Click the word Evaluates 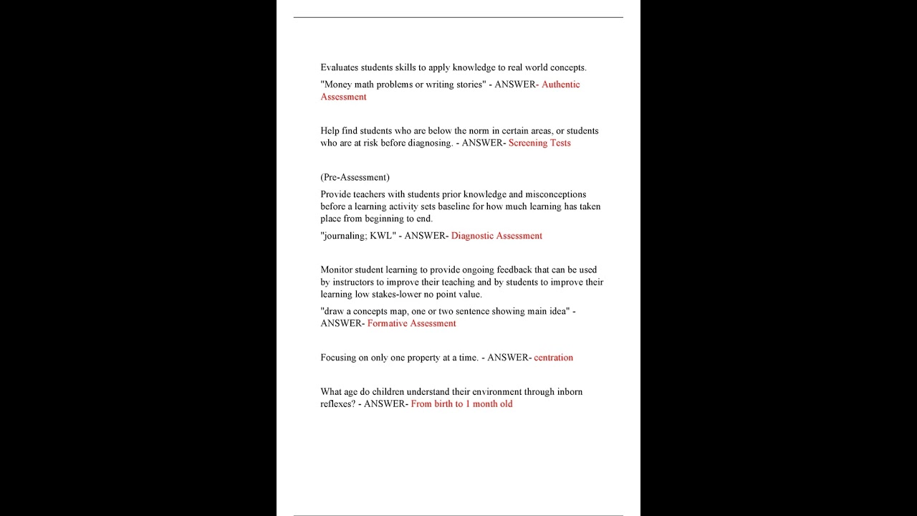click(x=339, y=67)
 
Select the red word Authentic click(x=561, y=85)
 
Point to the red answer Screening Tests click(x=539, y=143)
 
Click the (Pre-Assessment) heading click(x=355, y=177)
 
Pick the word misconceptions click(x=556, y=194)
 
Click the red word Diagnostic click(x=472, y=236)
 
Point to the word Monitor click(x=336, y=270)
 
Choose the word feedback click(x=514, y=270)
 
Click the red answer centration click(x=553, y=358)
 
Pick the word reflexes click(x=337, y=404)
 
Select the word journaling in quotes click(x=347, y=236)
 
